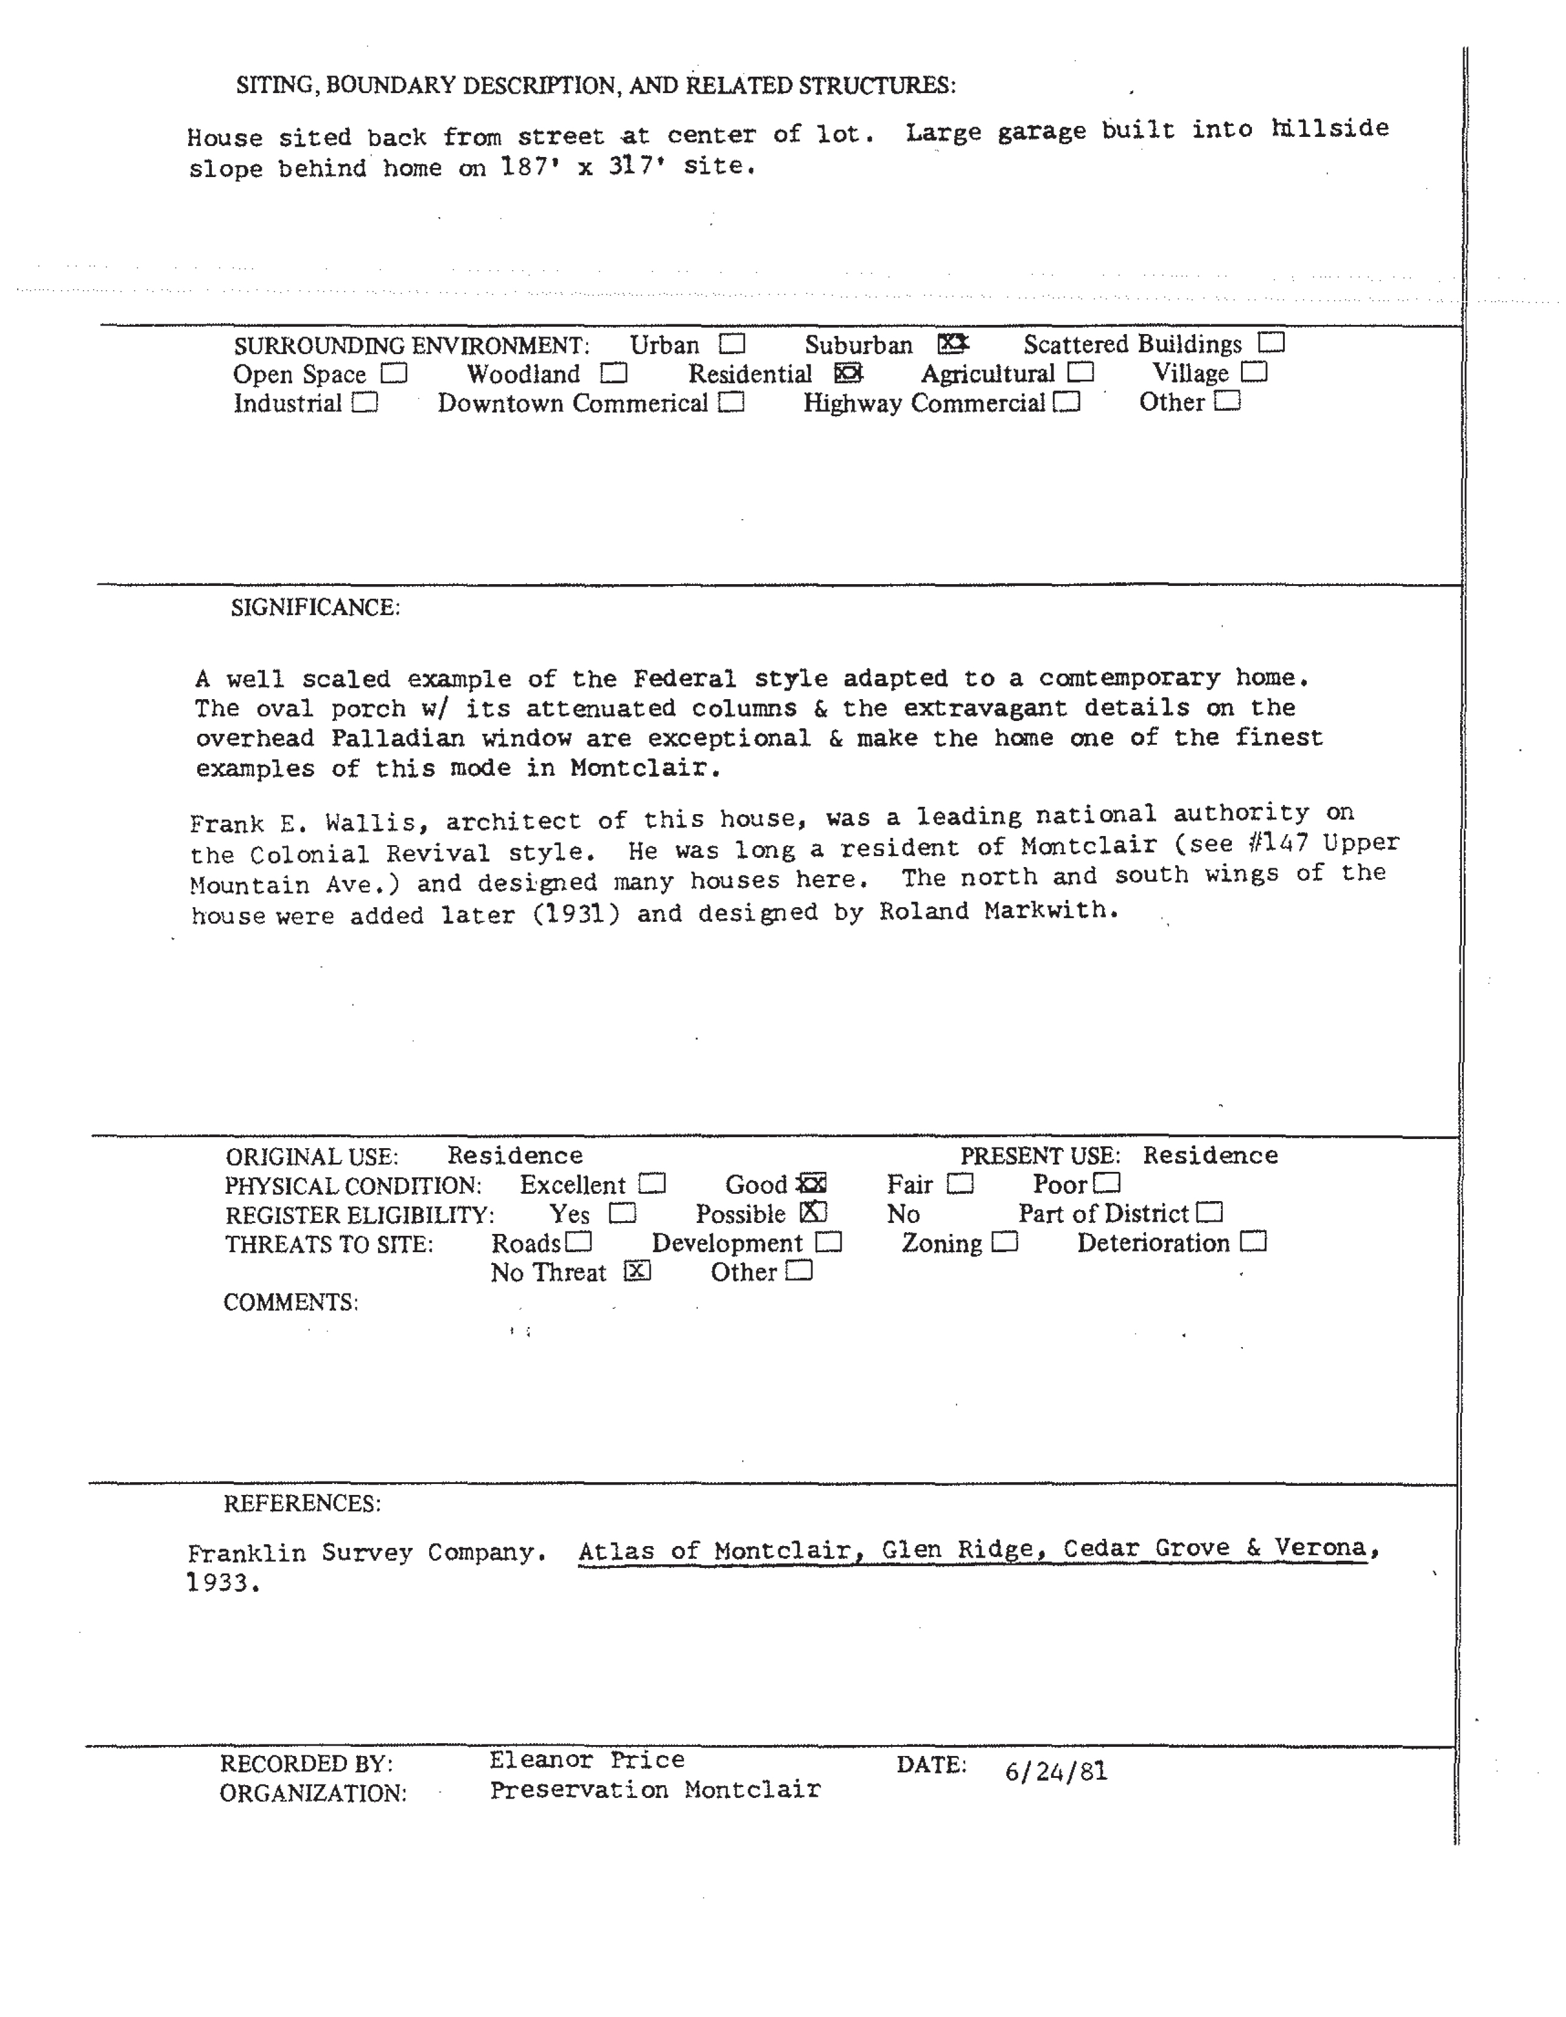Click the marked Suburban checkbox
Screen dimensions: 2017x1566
coord(952,344)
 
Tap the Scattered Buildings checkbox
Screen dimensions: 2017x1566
coord(1271,343)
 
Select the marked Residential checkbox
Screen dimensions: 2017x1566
coord(848,373)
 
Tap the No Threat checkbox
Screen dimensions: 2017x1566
coord(637,1272)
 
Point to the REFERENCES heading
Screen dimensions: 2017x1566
coord(301,1503)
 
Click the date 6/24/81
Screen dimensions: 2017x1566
coord(1055,1771)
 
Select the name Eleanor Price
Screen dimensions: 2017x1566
coord(587,1760)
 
